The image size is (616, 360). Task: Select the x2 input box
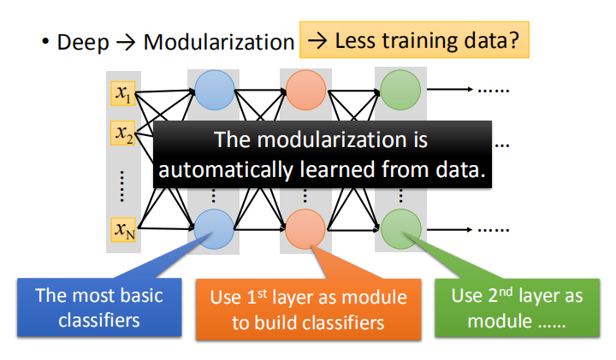(123, 133)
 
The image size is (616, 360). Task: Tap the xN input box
(123, 229)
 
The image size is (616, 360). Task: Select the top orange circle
(305, 87)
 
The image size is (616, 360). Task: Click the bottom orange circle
(305, 228)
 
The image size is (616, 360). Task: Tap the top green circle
(398, 87)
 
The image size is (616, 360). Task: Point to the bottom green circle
(398, 228)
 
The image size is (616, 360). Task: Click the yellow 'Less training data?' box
(415, 40)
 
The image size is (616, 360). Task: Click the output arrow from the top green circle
(449, 87)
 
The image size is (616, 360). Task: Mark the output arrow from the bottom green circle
(449, 228)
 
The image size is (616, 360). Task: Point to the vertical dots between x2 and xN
(123, 181)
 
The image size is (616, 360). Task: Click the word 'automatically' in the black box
(224, 169)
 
